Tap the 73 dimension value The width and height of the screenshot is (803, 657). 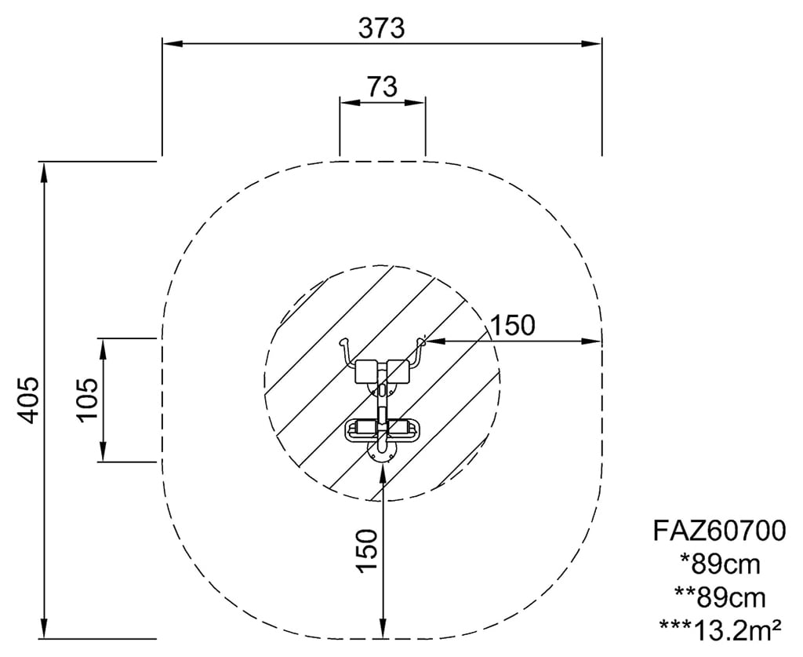pos(382,86)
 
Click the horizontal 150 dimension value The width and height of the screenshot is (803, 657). pos(513,325)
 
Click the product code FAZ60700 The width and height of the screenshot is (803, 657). pos(719,531)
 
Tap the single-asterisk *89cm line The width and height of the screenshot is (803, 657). pos(720,564)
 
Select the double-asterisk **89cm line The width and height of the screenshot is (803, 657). pos(720,598)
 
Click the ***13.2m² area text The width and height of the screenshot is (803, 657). pos(720,630)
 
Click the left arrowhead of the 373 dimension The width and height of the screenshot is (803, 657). pos(173,44)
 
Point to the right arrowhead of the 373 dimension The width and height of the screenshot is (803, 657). pos(591,44)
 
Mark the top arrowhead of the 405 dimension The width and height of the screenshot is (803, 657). pos(45,172)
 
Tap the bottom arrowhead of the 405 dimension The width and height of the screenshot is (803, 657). pos(45,629)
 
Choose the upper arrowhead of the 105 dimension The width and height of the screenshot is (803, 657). pos(104,349)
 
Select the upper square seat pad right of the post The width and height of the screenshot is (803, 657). pos(399,371)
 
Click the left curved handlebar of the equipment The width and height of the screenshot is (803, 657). pos(346,352)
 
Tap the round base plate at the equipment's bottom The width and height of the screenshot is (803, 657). pos(381,452)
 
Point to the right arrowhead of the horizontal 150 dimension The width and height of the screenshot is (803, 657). pos(591,341)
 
